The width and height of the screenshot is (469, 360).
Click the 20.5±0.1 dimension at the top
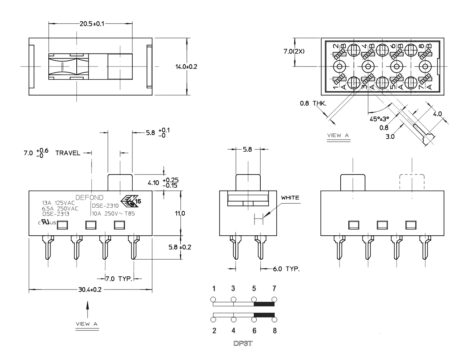point(92,24)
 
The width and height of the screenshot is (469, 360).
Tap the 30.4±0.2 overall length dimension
point(90,290)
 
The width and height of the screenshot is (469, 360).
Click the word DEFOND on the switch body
point(89,197)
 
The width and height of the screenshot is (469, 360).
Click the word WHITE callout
point(290,198)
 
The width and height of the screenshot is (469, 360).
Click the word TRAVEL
point(68,153)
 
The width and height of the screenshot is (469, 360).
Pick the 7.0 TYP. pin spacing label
point(119,279)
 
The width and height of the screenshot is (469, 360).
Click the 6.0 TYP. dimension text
point(286,269)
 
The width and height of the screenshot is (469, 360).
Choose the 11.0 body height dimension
point(180,213)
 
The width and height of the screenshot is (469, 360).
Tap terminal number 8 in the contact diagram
point(274,331)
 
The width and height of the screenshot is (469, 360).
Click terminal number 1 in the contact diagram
point(214,289)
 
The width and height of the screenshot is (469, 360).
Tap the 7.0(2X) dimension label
point(294,52)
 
